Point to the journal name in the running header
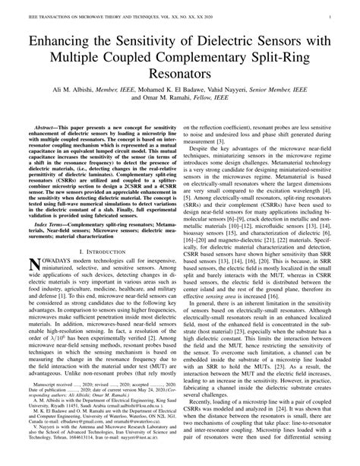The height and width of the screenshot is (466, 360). point(106,6)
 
